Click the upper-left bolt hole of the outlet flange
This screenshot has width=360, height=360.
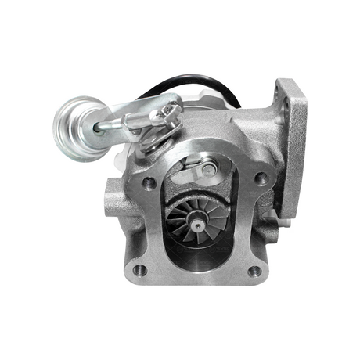(147, 183)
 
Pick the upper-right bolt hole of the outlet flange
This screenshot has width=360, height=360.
(261, 178)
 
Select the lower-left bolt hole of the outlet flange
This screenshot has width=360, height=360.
(141, 270)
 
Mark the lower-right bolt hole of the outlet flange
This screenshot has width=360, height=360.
(254, 272)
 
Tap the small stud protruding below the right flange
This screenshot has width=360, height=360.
(286, 221)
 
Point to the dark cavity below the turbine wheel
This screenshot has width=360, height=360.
(199, 254)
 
